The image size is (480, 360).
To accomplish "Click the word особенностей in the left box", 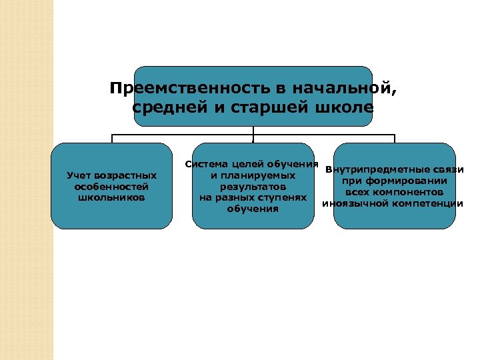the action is pyautogui.click(x=111, y=187).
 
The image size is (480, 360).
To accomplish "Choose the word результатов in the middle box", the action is pyautogui.click(x=253, y=187).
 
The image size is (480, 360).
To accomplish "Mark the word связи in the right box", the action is pyautogui.click(x=449, y=169).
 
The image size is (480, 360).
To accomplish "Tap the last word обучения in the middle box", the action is pyautogui.click(x=253, y=209).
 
